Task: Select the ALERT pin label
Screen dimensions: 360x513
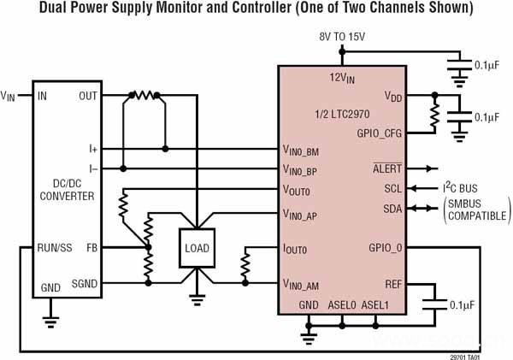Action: click(386, 168)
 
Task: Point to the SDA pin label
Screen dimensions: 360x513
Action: click(392, 209)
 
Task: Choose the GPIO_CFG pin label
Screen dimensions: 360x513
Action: click(379, 133)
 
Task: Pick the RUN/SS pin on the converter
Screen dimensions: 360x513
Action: click(53, 248)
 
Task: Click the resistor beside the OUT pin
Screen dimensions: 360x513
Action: click(144, 96)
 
